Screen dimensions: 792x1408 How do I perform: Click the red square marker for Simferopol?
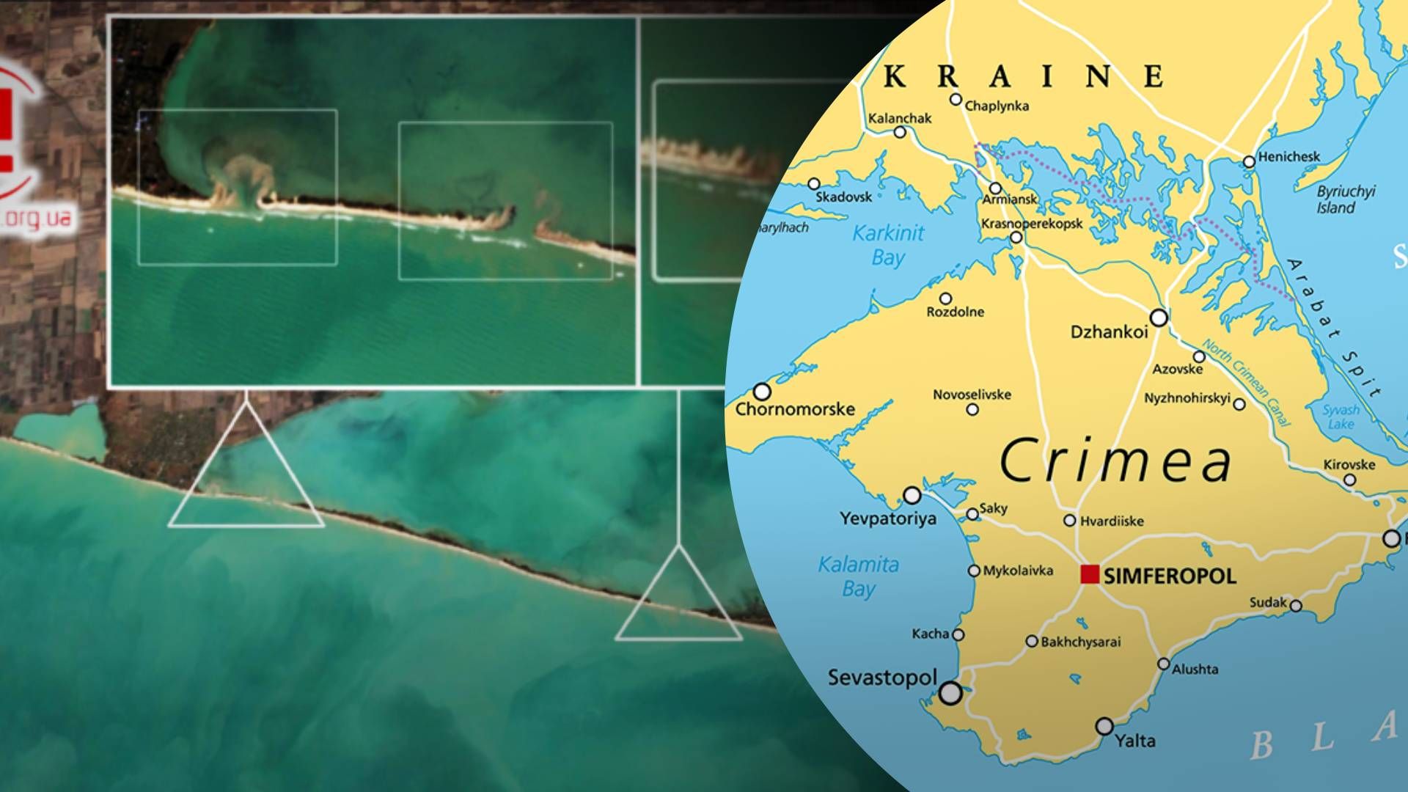point(1090,574)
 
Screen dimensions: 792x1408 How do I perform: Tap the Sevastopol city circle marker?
point(950,693)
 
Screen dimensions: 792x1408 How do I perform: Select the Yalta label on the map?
point(1135,740)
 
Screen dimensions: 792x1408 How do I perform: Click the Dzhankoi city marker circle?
point(1159,318)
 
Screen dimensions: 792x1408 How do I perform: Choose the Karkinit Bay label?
point(888,246)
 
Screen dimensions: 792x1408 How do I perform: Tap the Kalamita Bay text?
point(859,576)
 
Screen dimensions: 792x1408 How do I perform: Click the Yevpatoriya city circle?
point(912,496)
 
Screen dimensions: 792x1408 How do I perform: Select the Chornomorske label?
point(795,408)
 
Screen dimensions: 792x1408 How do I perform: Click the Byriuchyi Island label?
point(1346,199)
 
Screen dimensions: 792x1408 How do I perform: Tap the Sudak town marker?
point(1296,606)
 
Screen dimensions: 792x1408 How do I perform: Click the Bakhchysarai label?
point(1081,642)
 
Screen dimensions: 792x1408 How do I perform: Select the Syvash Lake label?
point(1341,417)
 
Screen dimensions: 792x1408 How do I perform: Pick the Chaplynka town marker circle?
point(955,99)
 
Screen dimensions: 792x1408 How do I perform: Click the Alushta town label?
point(1195,669)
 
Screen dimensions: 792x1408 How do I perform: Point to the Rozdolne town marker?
point(946,298)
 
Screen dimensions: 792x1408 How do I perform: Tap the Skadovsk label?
point(845,197)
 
